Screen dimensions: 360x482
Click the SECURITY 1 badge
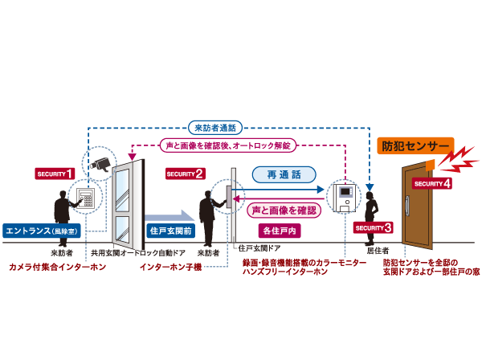pos(55,173)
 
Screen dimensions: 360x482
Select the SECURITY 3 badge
pos(372,228)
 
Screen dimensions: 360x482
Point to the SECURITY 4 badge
pos(432,183)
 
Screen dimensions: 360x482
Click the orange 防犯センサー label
pos(415,148)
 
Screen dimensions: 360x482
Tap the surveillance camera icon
pos(101,164)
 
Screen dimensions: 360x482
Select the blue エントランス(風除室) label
pos(41,230)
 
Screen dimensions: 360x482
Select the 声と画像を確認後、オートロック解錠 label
pos(229,145)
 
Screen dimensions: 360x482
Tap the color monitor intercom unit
pos(345,196)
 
